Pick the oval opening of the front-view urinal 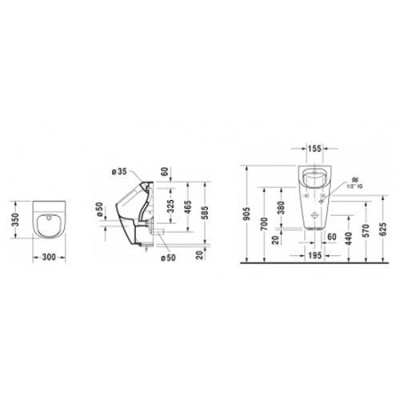point(318,178)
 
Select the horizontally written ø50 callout point(169,256)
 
